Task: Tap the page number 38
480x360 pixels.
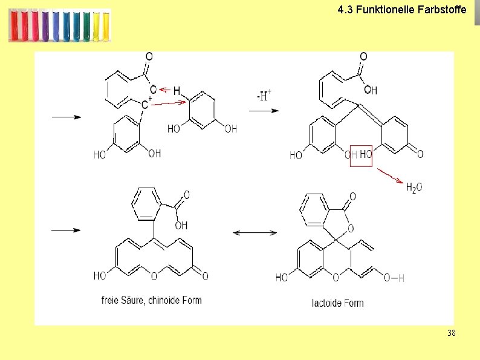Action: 452,333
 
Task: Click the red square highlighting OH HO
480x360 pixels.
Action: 362,154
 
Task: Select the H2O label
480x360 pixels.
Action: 414,188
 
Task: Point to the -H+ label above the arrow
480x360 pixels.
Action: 264,96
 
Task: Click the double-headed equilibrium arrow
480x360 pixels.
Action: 255,232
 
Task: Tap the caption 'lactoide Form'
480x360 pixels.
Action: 338,303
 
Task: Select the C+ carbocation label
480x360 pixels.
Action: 145,104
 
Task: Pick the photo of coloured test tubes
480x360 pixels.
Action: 60,25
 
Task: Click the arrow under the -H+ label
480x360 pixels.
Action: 264,111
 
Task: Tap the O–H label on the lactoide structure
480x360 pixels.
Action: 394,277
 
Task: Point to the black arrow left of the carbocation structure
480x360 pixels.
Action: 66,117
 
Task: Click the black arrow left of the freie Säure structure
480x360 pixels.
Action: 66,230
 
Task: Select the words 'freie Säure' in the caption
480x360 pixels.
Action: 120,300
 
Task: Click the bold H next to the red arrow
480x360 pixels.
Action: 177,91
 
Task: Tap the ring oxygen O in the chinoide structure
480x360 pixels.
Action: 154,276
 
